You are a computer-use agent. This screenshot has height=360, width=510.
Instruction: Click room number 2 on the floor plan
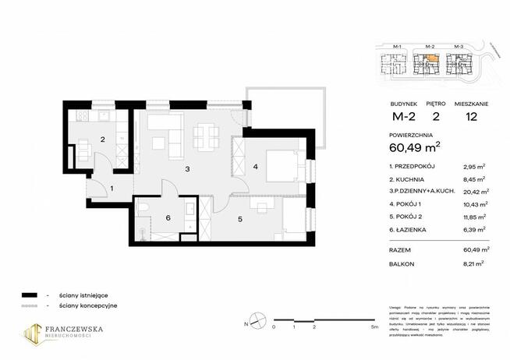101,140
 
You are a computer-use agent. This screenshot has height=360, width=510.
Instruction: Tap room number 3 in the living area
187,168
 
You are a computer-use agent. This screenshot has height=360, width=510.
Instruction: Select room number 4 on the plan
256,165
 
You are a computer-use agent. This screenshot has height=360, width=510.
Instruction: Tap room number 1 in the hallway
112,188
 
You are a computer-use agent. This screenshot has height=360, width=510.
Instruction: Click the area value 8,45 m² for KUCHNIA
475,178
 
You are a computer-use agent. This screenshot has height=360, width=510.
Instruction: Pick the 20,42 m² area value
473,191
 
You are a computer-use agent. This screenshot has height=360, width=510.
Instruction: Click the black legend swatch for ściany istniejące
30,295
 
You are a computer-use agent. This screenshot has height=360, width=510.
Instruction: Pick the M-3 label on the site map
458,48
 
